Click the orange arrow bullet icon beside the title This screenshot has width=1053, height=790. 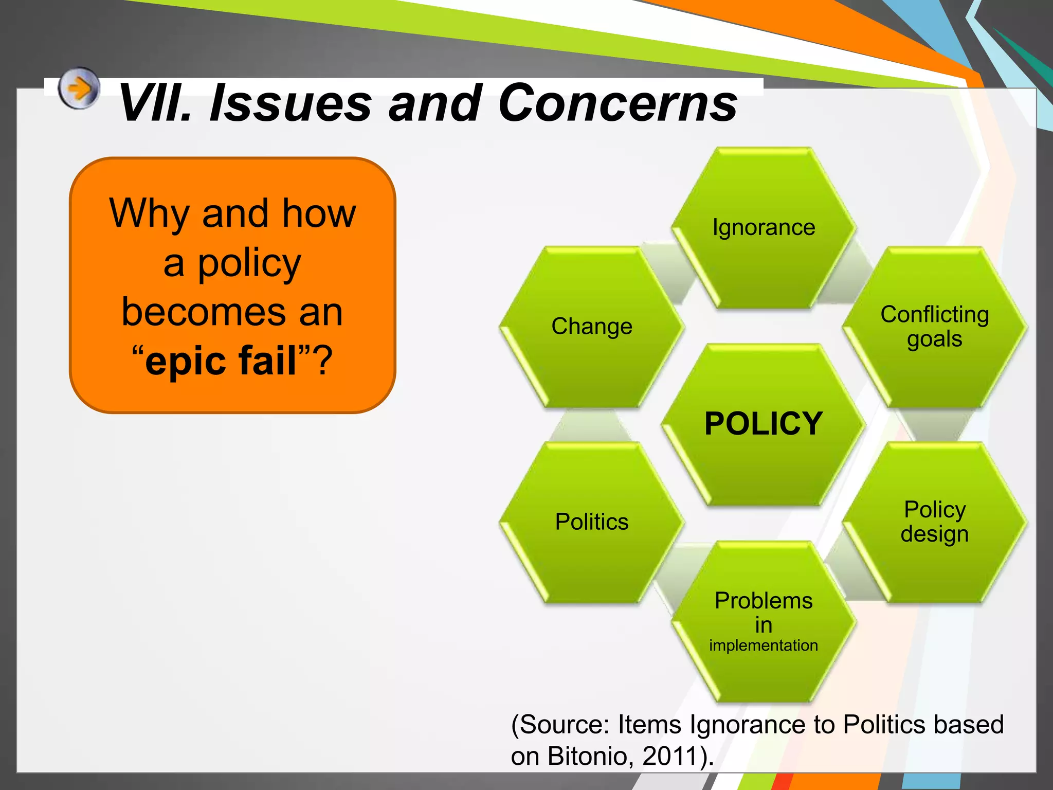(78, 88)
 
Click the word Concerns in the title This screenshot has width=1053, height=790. (617, 104)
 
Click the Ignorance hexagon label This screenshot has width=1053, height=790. (764, 228)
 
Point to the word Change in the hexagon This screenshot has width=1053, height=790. (592, 327)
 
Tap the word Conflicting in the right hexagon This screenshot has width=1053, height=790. (934, 315)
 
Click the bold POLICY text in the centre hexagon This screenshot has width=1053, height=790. (764, 424)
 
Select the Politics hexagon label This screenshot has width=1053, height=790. (592, 522)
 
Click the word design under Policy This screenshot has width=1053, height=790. (934, 534)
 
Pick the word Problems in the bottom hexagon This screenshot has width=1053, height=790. (764, 601)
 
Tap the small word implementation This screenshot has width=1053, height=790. (764, 645)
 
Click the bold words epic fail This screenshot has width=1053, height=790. (221, 361)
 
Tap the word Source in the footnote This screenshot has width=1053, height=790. (564, 725)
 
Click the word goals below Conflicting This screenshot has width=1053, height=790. (934, 339)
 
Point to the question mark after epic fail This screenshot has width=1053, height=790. (323, 361)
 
